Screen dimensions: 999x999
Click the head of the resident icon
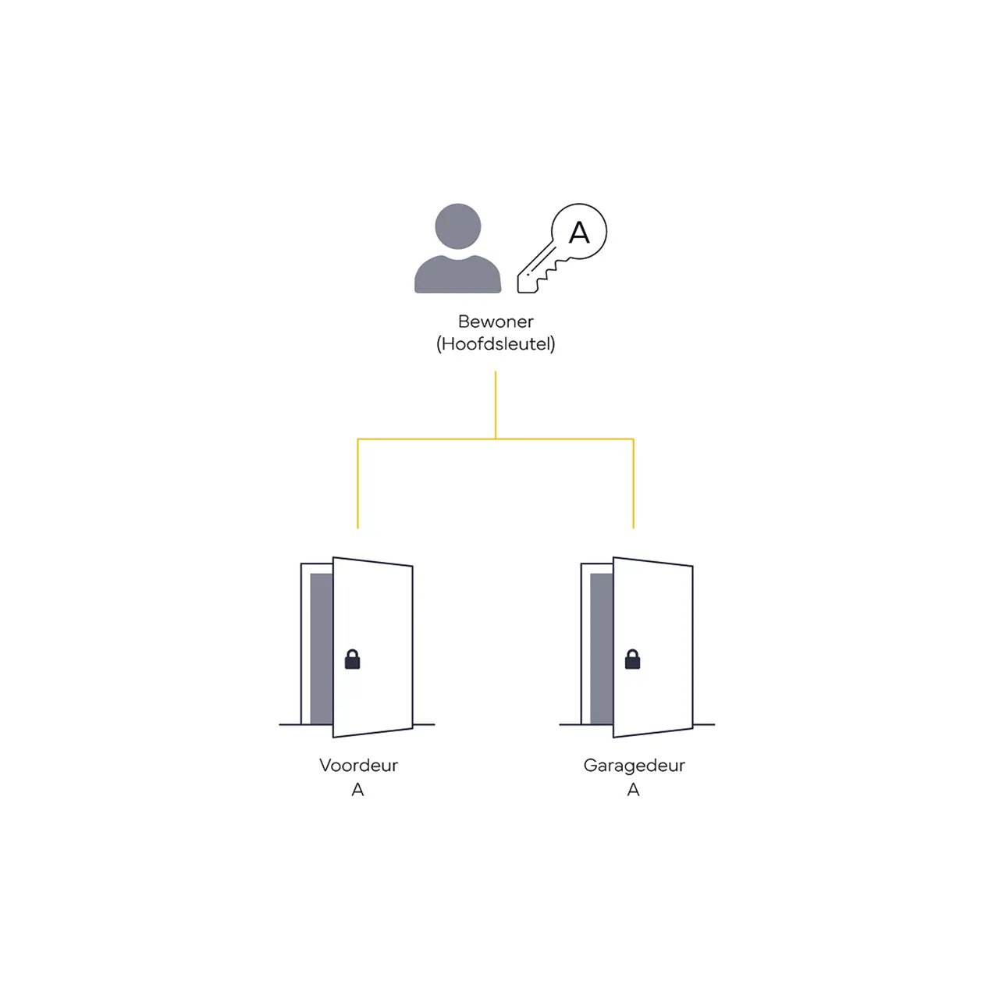(x=457, y=226)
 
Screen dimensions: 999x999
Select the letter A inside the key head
(x=578, y=232)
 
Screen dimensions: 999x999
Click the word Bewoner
(x=495, y=322)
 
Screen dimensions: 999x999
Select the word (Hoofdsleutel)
(x=495, y=343)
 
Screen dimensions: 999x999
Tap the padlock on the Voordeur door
(x=352, y=659)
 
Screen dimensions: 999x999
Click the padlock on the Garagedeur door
(x=632, y=659)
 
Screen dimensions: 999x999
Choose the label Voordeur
(x=358, y=765)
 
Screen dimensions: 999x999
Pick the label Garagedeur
(x=634, y=766)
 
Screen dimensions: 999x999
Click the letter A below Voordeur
(x=357, y=790)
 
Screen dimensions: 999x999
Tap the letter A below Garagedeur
(x=633, y=790)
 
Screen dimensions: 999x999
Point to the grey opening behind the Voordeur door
(x=321, y=648)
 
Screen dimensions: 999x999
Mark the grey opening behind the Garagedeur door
(x=602, y=648)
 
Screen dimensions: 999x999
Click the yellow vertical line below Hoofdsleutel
(x=495, y=405)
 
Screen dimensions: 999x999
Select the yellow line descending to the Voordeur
(x=357, y=484)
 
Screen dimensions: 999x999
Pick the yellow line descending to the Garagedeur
(x=633, y=484)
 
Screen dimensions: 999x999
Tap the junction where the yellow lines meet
(x=495, y=439)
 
